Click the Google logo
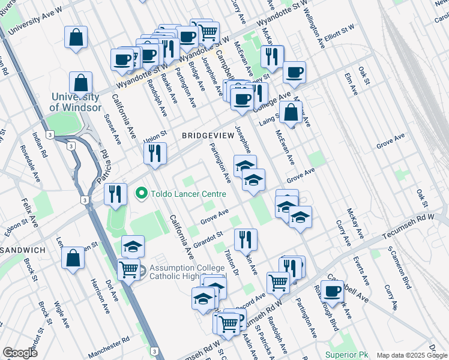pos(20,353)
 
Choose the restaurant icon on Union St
pos(155,153)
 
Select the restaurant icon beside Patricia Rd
pos(115,194)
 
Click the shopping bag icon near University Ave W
pos(76,37)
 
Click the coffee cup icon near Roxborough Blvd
pos(331,291)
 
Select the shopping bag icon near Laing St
pos(291,112)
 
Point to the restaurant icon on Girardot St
pos(245,239)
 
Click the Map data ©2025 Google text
pos(412,355)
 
